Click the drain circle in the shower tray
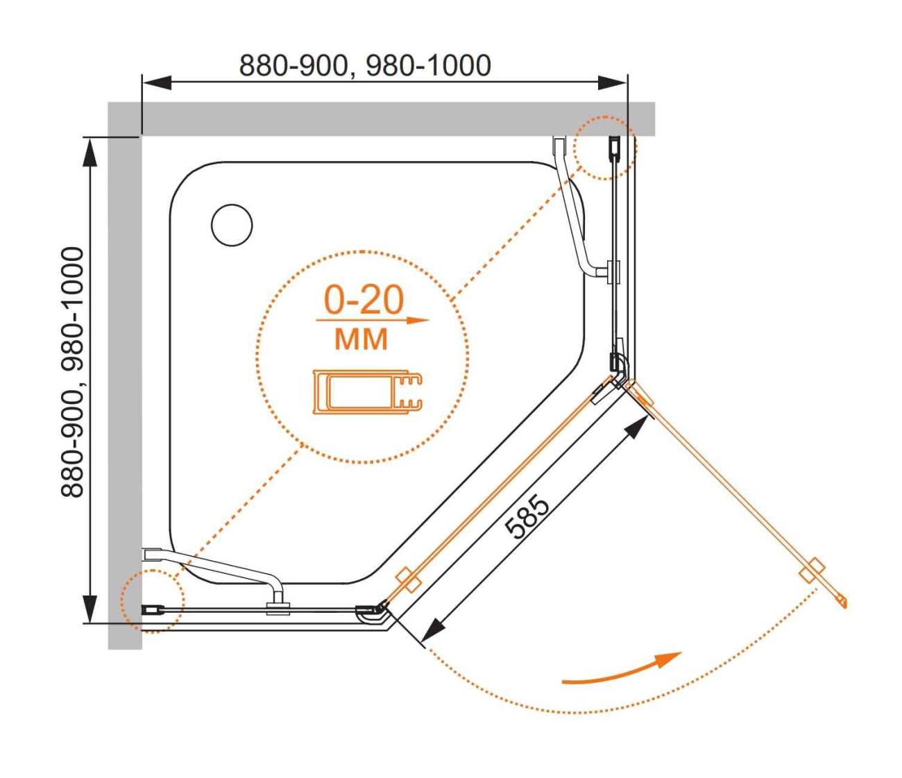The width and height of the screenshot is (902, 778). tap(232, 225)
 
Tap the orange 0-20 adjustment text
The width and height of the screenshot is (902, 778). tap(364, 300)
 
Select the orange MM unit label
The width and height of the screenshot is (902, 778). tap(361, 339)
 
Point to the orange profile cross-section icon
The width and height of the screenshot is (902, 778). tap(368, 392)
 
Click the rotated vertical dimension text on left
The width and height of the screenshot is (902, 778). tap(72, 372)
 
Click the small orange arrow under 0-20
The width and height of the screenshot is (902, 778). tap(373, 320)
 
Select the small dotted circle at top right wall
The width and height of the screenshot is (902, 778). tap(605, 148)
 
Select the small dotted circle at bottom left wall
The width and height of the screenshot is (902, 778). tap(153, 601)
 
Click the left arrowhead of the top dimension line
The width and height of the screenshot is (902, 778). tap(157, 82)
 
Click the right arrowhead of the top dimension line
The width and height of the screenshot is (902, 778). tap(613, 82)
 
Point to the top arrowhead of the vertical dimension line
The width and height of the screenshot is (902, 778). tap(90, 153)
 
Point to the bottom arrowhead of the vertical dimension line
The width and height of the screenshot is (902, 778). tap(90, 609)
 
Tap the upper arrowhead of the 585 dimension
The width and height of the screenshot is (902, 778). tap(638, 429)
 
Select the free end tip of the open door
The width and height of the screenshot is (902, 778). tap(846, 605)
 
